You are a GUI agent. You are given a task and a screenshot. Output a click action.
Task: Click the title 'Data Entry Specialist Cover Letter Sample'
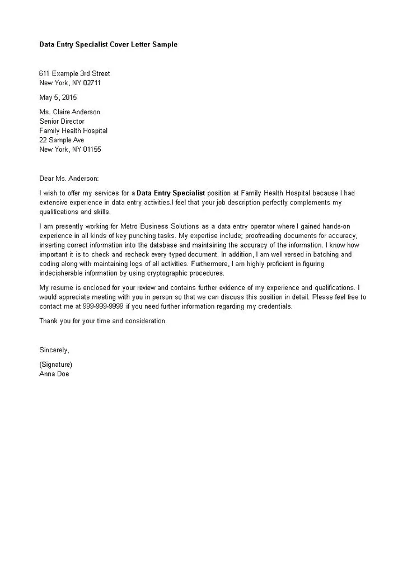click(108, 44)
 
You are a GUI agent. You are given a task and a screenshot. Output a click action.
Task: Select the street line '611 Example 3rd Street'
click(74, 73)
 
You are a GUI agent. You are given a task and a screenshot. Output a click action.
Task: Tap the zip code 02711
click(92, 83)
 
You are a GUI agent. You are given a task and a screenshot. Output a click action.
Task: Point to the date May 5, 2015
click(58, 97)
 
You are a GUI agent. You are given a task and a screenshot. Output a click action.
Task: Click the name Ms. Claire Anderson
click(69, 112)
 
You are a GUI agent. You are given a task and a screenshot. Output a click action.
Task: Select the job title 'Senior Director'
click(62, 122)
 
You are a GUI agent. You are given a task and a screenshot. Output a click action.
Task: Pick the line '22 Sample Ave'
click(62, 140)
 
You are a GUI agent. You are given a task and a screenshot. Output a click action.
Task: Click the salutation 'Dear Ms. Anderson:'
click(69, 179)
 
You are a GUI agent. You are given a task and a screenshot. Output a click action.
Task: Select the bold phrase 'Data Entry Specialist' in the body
click(171, 193)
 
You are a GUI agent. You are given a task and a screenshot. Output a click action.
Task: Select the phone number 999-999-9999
click(104, 307)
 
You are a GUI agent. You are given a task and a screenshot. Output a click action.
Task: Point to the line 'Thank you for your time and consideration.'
click(103, 321)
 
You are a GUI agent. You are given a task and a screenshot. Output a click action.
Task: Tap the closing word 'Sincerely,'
click(54, 350)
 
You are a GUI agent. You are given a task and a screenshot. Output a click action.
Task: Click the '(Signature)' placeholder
click(55, 365)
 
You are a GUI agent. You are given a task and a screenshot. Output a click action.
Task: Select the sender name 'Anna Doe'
click(54, 374)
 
